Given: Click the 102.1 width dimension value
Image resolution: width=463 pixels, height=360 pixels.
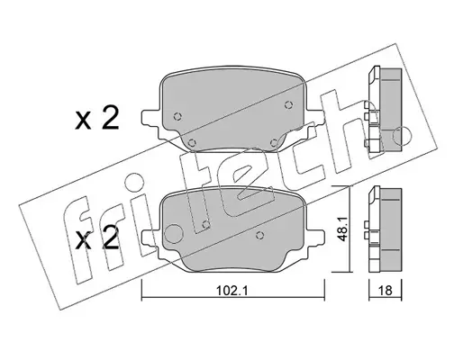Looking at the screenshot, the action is pos(231,291).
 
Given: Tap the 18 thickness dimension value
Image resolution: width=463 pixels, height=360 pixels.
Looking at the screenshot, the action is pos(386,291).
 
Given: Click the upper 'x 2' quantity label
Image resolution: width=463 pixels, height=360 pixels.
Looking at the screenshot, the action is pos(96,119).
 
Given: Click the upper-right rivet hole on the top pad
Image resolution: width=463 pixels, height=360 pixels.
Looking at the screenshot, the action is pos(288,104).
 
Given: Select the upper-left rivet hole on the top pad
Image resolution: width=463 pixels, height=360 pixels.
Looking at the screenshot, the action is pos(177,116).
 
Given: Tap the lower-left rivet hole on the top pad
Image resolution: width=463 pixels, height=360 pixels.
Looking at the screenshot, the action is pos(191,142).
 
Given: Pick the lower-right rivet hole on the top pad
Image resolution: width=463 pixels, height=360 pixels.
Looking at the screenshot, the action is pos(274,142).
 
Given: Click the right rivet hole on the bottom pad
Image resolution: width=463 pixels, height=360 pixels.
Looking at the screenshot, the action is pos(260,236).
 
